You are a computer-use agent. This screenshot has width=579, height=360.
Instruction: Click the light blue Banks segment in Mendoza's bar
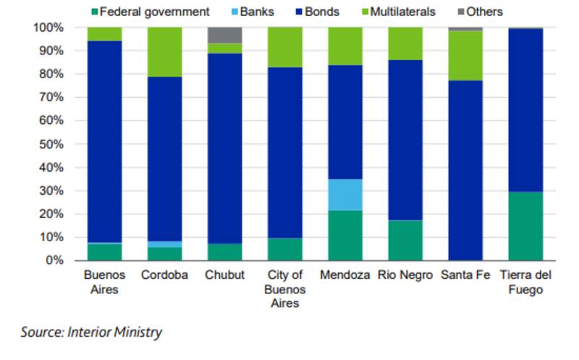[345, 194]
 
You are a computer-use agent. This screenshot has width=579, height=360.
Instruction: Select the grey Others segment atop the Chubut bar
[224, 35]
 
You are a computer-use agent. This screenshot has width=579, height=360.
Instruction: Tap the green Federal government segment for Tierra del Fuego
[525, 226]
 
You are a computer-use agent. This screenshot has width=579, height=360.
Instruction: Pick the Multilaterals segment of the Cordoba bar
[164, 52]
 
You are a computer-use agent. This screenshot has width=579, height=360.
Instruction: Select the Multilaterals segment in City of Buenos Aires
[285, 47]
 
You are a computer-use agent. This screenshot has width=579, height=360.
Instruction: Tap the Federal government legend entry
[149, 12]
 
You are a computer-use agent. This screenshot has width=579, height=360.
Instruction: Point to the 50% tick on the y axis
[50, 144]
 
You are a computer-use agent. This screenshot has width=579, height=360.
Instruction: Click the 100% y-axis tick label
[47, 28]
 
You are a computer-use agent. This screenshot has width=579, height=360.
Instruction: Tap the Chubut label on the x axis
[224, 276]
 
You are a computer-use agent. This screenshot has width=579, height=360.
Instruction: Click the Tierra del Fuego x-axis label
[525, 282]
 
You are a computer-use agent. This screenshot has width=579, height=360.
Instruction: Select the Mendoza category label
[345, 276]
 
